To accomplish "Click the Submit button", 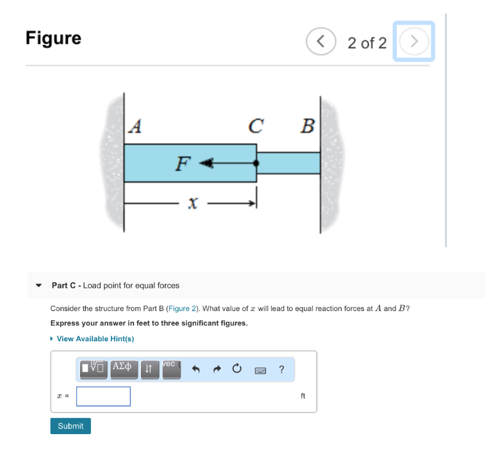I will pyautogui.click(x=70, y=426).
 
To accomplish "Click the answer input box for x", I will pyautogui.click(x=103, y=397).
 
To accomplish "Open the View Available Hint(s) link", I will pyautogui.click(x=95, y=339).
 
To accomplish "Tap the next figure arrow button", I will pyautogui.click(x=414, y=42).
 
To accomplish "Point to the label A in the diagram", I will pyautogui.click(x=135, y=126).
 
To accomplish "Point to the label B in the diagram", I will pyautogui.click(x=307, y=126).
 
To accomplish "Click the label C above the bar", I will pyautogui.click(x=256, y=126).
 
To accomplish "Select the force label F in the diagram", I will pyautogui.click(x=182, y=164).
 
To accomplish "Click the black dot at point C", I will pyautogui.click(x=256, y=164).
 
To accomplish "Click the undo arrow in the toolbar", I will pyautogui.click(x=196, y=370).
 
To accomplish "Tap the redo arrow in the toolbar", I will pyautogui.click(x=217, y=370).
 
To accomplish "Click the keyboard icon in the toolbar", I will pyautogui.click(x=259, y=370).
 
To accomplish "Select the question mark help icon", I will pyautogui.click(x=281, y=370).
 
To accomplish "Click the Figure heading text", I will pyautogui.click(x=54, y=38).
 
